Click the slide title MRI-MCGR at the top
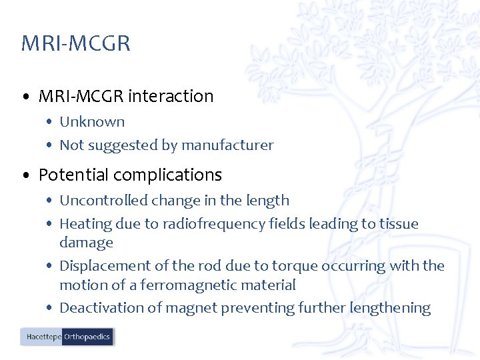point(75,43)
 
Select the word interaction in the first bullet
point(171,96)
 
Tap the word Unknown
point(92,122)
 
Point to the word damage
point(86,243)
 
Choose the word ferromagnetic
point(177,285)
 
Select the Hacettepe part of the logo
point(42,337)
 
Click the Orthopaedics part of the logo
point(87,337)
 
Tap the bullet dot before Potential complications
point(25,176)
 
